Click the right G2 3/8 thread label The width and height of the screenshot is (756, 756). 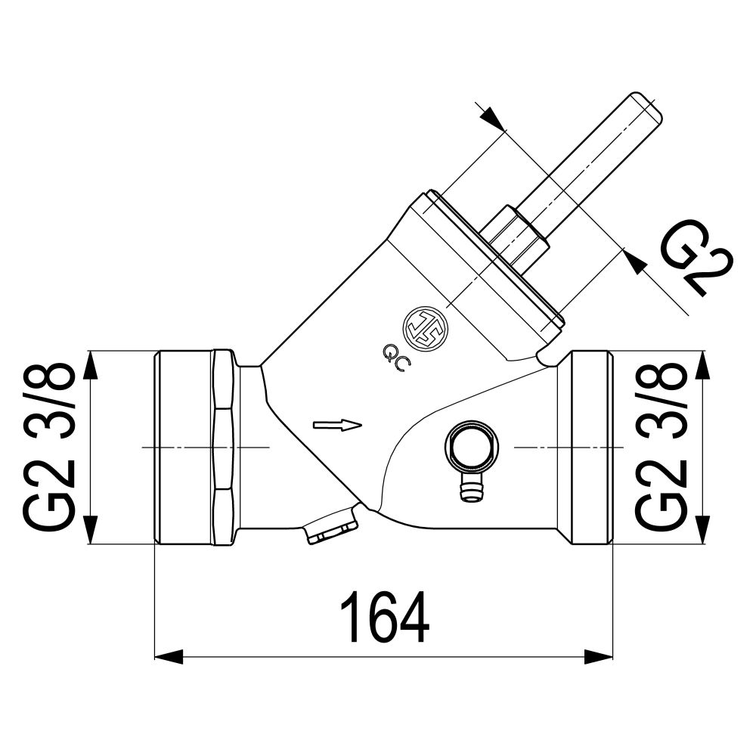click(x=660, y=448)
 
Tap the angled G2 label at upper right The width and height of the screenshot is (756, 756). click(x=695, y=258)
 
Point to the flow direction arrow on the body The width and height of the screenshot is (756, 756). click(x=337, y=425)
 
